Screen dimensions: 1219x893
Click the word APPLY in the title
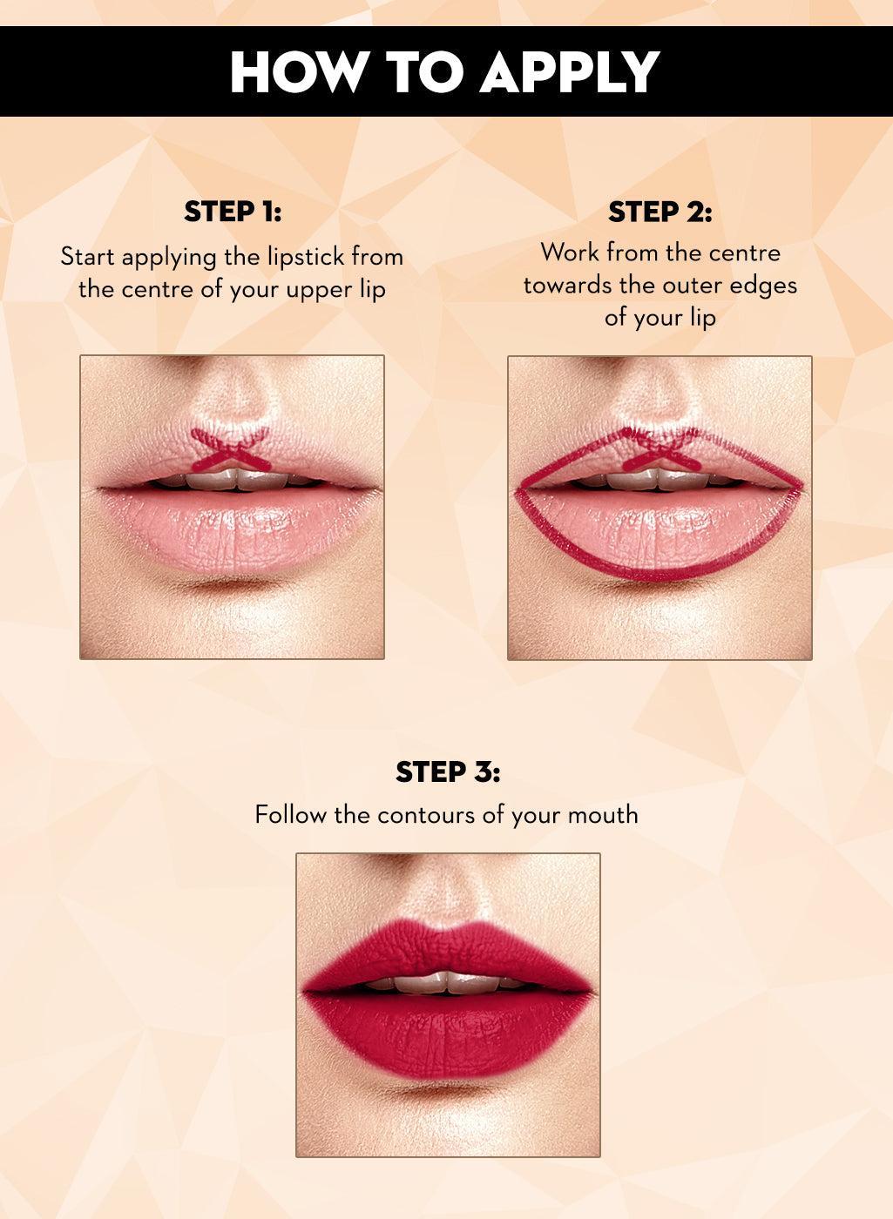570,72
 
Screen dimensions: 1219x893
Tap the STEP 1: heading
233,212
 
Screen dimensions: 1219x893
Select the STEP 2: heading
660,212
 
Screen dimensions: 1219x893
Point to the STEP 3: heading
448,771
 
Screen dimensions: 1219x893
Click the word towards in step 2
568,285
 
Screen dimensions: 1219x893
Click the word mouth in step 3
603,815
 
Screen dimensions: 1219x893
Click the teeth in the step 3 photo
446,981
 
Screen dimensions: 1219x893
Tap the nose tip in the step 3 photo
446,897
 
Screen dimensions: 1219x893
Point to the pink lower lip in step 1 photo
232,527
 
